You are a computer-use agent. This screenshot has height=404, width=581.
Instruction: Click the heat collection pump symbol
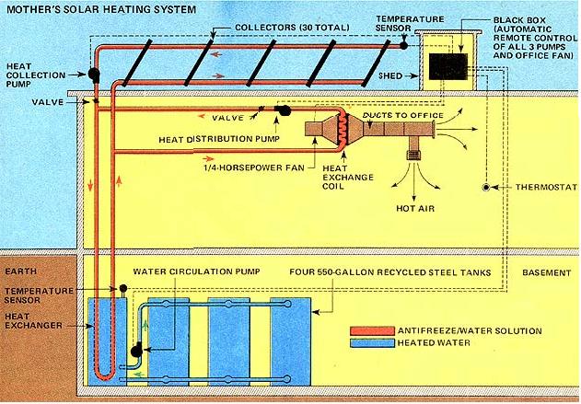click(95, 75)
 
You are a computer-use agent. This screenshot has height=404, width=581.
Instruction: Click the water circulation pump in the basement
click(136, 350)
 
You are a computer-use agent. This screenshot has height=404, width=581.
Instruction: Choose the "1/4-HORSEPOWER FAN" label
click(250, 169)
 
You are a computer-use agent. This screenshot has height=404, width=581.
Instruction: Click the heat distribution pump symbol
click(284, 110)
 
